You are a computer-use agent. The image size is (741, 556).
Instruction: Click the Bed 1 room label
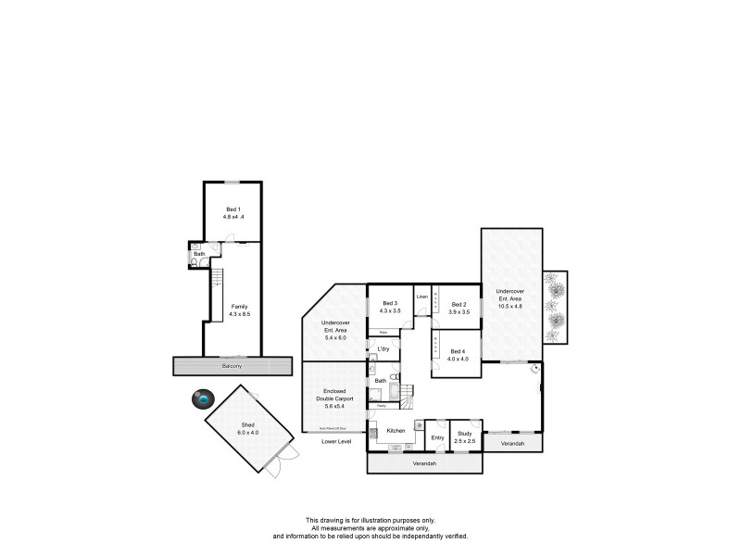(233, 209)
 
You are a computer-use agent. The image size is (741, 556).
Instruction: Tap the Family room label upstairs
(239, 306)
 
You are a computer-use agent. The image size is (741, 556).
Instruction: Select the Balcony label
(232, 366)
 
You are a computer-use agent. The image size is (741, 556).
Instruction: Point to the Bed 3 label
(389, 304)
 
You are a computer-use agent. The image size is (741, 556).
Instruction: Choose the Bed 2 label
(459, 304)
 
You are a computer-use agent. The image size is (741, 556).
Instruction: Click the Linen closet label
(421, 297)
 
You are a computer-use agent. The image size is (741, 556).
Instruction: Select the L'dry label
(382, 348)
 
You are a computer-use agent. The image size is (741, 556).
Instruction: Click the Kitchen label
(396, 431)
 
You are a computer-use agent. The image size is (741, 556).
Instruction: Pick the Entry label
(437, 437)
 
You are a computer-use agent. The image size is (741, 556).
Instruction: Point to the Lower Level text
(336, 442)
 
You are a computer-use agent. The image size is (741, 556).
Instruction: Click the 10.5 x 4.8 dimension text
(510, 304)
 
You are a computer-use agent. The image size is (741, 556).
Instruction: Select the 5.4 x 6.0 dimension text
(334, 337)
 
